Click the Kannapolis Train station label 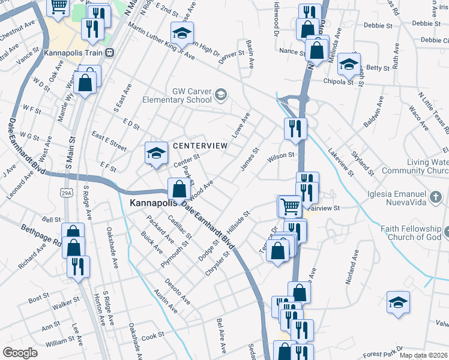tap(73, 53)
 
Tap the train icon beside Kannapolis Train tap(109, 53)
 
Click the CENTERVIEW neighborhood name tap(200, 146)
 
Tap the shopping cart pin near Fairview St tap(289, 206)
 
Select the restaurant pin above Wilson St tap(295, 128)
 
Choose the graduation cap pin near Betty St tap(348, 63)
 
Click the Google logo tap(20, 353)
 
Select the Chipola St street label tap(339, 81)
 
